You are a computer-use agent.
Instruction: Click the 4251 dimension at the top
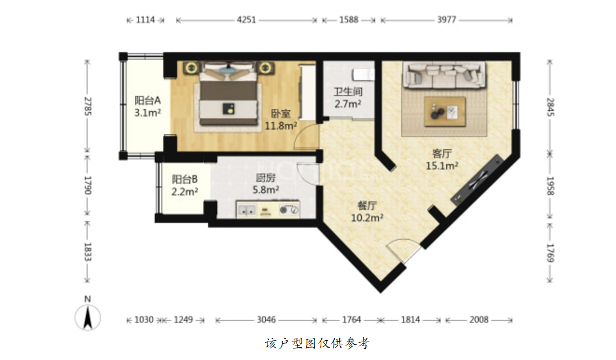click(246, 20)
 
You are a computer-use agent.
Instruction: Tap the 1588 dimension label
click(349, 20)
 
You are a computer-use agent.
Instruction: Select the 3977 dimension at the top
click(447, 20)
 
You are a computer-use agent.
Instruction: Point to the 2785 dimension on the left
click(87, 106)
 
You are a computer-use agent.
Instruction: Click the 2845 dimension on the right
click(550, 106)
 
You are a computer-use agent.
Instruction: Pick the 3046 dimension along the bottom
click(266, 320)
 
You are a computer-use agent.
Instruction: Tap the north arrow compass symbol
click(87, 317)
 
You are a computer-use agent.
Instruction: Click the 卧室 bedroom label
click(281, 114)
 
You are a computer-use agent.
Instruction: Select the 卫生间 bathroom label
click(348, 92)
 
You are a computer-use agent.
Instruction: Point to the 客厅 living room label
click(442, 153)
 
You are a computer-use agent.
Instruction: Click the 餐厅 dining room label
click(367, 205)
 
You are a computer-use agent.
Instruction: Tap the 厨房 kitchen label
click(266, 178)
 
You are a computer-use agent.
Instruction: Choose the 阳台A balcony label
click(148, 101)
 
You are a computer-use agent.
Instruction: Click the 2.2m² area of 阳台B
click(185, 192)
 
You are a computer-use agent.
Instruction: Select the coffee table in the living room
click(445, 112)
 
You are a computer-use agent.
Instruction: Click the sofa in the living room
click(444, 75)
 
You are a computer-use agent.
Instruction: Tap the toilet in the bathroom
click(363, 74)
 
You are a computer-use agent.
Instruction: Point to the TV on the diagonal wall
click(476, 180)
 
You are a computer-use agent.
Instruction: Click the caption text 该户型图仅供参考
click(317, 344)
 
